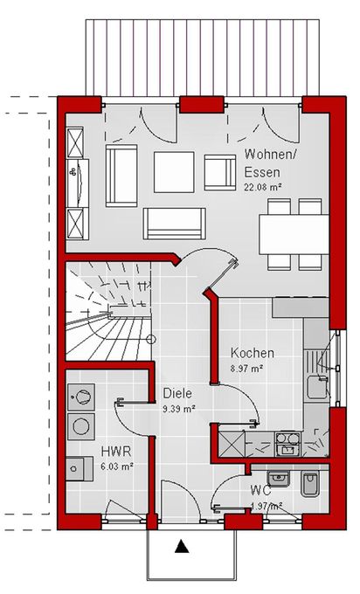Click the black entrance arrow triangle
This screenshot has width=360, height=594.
point(183,546)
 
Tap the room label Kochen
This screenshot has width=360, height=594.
point(253,353)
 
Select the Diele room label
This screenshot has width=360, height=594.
point(177,393)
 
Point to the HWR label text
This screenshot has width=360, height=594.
point(116,452)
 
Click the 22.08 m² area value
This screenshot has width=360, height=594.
point(265,186)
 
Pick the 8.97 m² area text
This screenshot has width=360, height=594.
point(247,368)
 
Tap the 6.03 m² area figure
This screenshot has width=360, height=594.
point(116,466)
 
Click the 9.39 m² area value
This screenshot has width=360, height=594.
point(179,409)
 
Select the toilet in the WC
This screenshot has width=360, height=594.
point(310,484)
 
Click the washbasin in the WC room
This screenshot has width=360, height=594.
point(279,479)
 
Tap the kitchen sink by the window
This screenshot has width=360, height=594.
point(317,387)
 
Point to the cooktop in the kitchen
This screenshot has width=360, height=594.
point(287,444)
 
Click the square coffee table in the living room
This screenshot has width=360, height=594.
point(174,172)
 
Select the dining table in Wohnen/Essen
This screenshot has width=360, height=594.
point(294,234)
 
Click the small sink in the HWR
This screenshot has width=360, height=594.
point(80,468)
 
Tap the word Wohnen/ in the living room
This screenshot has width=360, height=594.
point(271,155)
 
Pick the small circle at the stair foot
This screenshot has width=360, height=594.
point(151,339)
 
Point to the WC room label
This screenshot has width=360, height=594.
point(261,490)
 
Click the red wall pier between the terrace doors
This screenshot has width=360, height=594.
point(201,105)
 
